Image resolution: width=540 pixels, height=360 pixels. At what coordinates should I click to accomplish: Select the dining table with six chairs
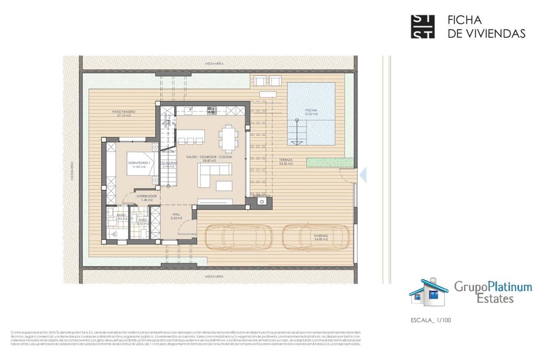pyautogui.click(x=228, y=138)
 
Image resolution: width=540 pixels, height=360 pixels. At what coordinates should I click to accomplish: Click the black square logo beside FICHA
pyautogui.click(x=422, y=27)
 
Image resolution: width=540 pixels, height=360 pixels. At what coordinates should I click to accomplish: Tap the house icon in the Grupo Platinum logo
pyautogui.click(x=428, y=292)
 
